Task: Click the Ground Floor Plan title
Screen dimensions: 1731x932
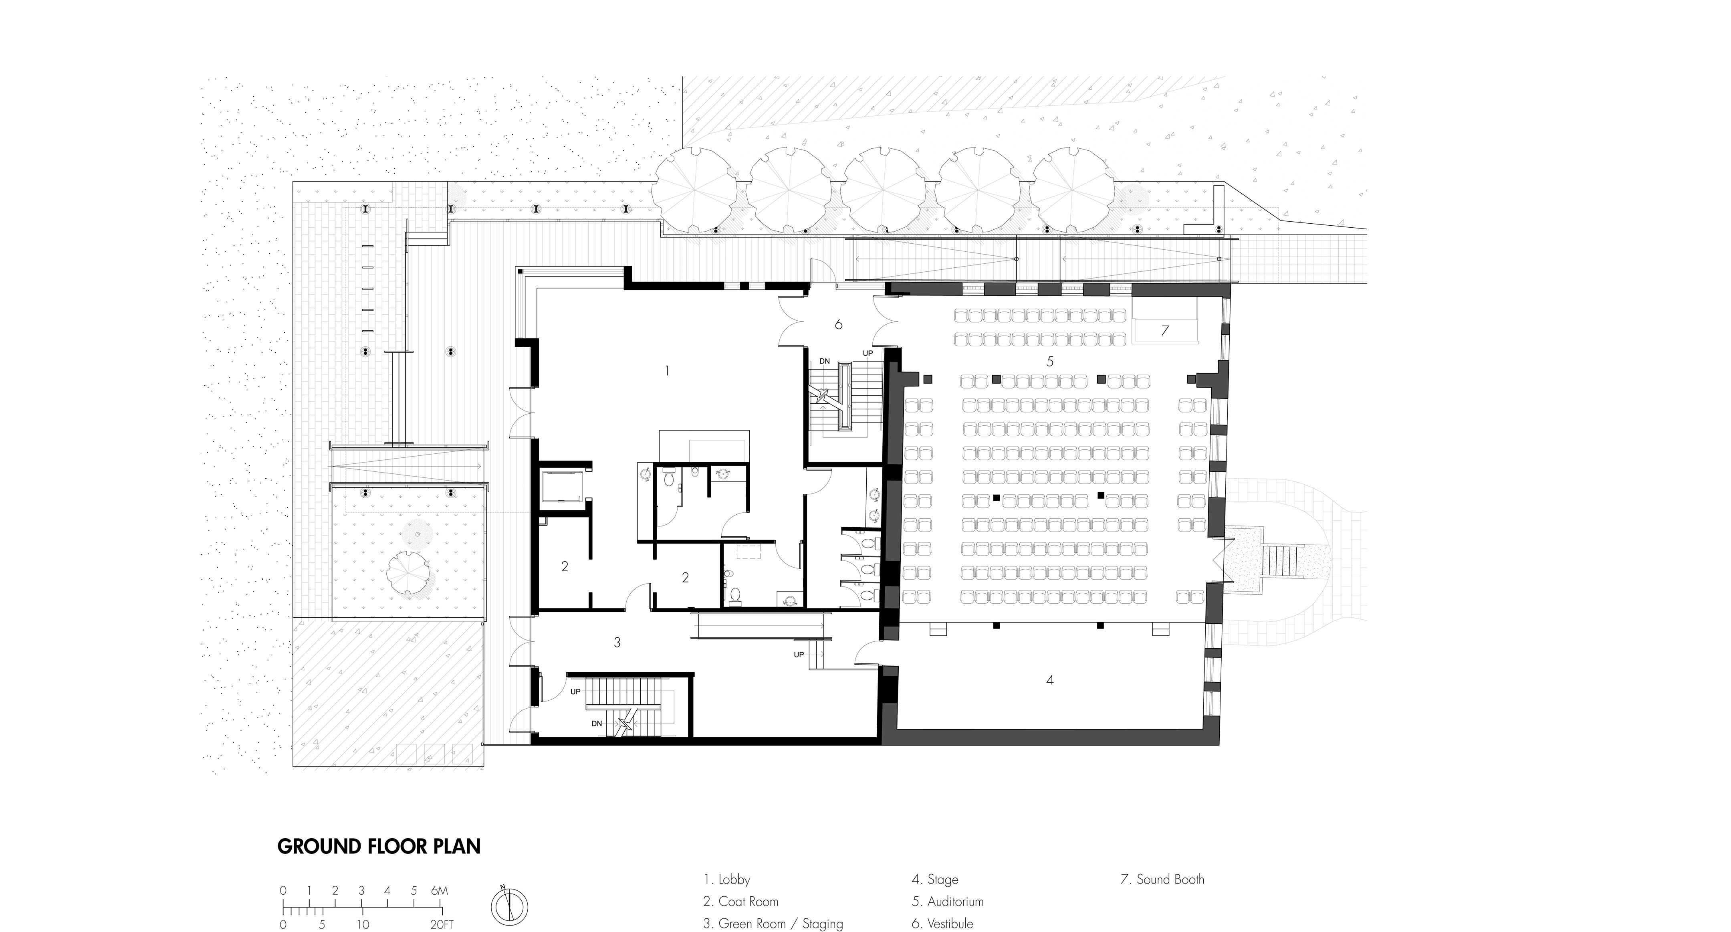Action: click(x=379, y=846)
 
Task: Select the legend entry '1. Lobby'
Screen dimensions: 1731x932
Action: click(x=726, y=879)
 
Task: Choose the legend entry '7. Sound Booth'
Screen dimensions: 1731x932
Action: click(x=1162, y=879)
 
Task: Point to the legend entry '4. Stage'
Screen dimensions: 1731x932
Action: click(x=935, y=879)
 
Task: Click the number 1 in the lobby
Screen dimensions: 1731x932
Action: click(x=667, y=370)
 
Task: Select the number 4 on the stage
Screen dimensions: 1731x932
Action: click(x=1050, y=680)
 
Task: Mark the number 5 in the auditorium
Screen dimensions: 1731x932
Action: click(x=1050, y=362)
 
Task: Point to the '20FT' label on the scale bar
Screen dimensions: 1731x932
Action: click(x=442, y=925)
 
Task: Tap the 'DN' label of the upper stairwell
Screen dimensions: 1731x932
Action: click(x=825, y=362)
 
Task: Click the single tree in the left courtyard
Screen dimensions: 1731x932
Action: click(x=409, y=574)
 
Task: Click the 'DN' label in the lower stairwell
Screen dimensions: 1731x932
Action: click(x=597, y=724)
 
